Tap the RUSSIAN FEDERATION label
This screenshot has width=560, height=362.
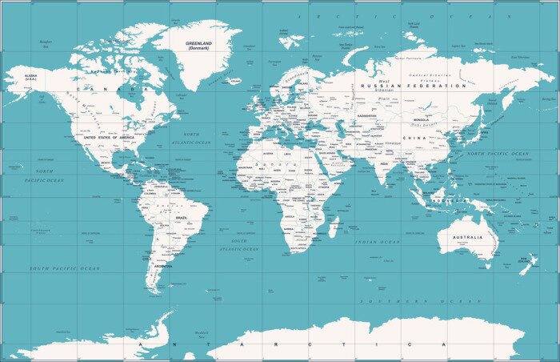tap(413, 86)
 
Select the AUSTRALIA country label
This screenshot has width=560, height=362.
tap(468, 237)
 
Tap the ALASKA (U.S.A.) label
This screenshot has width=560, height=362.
tap(30, 78)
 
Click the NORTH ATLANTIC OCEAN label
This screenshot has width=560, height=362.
tap(192, 139)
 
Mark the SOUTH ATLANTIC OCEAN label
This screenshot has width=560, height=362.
tap(240, 244)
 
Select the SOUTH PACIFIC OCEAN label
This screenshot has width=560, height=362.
tap(66, 268)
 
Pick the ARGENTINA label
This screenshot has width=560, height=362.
tap(163, 265)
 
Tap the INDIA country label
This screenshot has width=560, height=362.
tap(385, 164)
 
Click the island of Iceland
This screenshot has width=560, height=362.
tap(234, 80)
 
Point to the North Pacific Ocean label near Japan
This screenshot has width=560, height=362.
tap(498, 153)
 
